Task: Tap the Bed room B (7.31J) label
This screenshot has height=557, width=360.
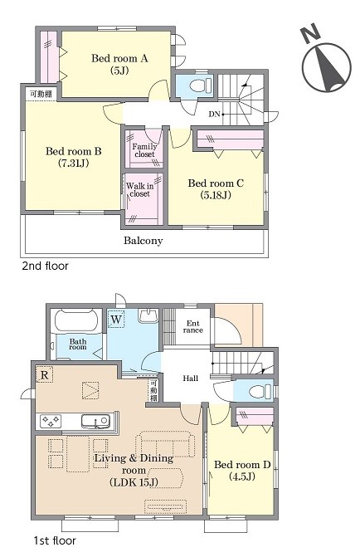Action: [x=74, y=157]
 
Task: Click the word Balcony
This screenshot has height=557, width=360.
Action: [x=143, y=241]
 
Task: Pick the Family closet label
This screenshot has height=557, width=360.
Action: [x=144, y=150]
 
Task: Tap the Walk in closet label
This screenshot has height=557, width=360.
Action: [x=140, y=190]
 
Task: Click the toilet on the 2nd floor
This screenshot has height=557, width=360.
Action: [x=200, y=86]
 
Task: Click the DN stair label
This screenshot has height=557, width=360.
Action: [x=215, y=114]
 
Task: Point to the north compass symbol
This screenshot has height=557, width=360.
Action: [x=325, y=64]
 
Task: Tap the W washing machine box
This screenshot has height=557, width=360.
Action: [x=116, y=320]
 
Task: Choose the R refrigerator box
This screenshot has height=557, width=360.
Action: [x=45, y=375]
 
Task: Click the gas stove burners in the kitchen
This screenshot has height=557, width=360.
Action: [x=51, y=422]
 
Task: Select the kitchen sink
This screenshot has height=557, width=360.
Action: [x=95, y=422]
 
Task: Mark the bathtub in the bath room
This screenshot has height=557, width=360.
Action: [x=76, y=321]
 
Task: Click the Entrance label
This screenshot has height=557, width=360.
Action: [x=193, y=326]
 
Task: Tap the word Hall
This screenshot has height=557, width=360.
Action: [x=190, y=379]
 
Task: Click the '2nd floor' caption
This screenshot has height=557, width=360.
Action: [x=45, y=266]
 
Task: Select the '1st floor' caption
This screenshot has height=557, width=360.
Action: [x=55, y=540]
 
